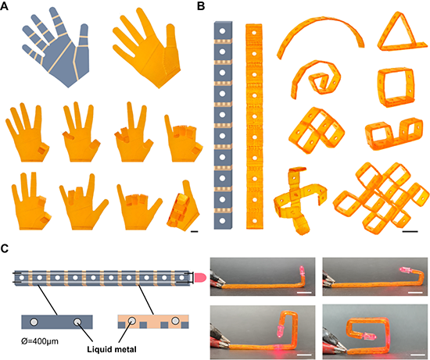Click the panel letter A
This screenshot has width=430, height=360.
tap(4, 5)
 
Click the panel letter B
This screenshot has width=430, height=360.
tap(201, 5)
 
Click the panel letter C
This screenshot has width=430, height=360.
tap(5, 248)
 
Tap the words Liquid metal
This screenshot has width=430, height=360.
tap(112, 349)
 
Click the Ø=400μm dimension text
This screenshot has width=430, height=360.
tap(40, 341)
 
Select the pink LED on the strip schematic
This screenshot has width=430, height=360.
tap(200, 278)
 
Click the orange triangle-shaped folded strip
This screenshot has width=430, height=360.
tap(402, 32)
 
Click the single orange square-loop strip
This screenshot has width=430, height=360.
tap(396, 87)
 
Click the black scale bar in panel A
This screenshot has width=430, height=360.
tap(194, 232)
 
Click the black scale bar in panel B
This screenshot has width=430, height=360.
tap(410, 232)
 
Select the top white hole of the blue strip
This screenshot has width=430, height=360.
tap(222, 30)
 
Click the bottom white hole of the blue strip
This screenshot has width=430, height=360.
tap(222, 220)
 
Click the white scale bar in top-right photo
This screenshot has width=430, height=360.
tap(415, 293)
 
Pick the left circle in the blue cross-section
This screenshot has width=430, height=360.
tap(34, 322)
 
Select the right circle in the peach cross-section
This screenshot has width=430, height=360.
tap(175, 320)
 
